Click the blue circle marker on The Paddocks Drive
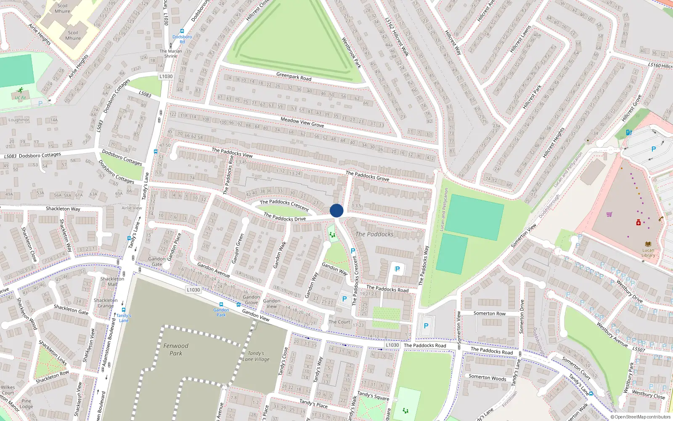[x=336, y=210]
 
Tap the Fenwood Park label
[x=176, y=349]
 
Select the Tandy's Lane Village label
[x=256, y=356]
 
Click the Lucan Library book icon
[x=648, y=244]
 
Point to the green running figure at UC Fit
[x=21, y=90]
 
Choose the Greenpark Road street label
[x=294, y=77]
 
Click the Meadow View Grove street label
[x=302, y=122]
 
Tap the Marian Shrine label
[x=171, y=53]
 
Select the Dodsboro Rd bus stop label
[x=182, y=39]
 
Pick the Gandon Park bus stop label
[x=221, y=312]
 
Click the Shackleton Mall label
[x=112, y=281]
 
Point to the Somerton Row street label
[x=489, y=313]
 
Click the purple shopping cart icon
[x=609, y=214]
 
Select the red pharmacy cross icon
[x=638, y=222]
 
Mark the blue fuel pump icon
[x=628, y=132]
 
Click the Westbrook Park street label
[x=351, y=53]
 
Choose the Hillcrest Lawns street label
[x=520, y=39]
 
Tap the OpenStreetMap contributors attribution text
[x=641, y=417]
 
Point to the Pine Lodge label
[x=26, y=404]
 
